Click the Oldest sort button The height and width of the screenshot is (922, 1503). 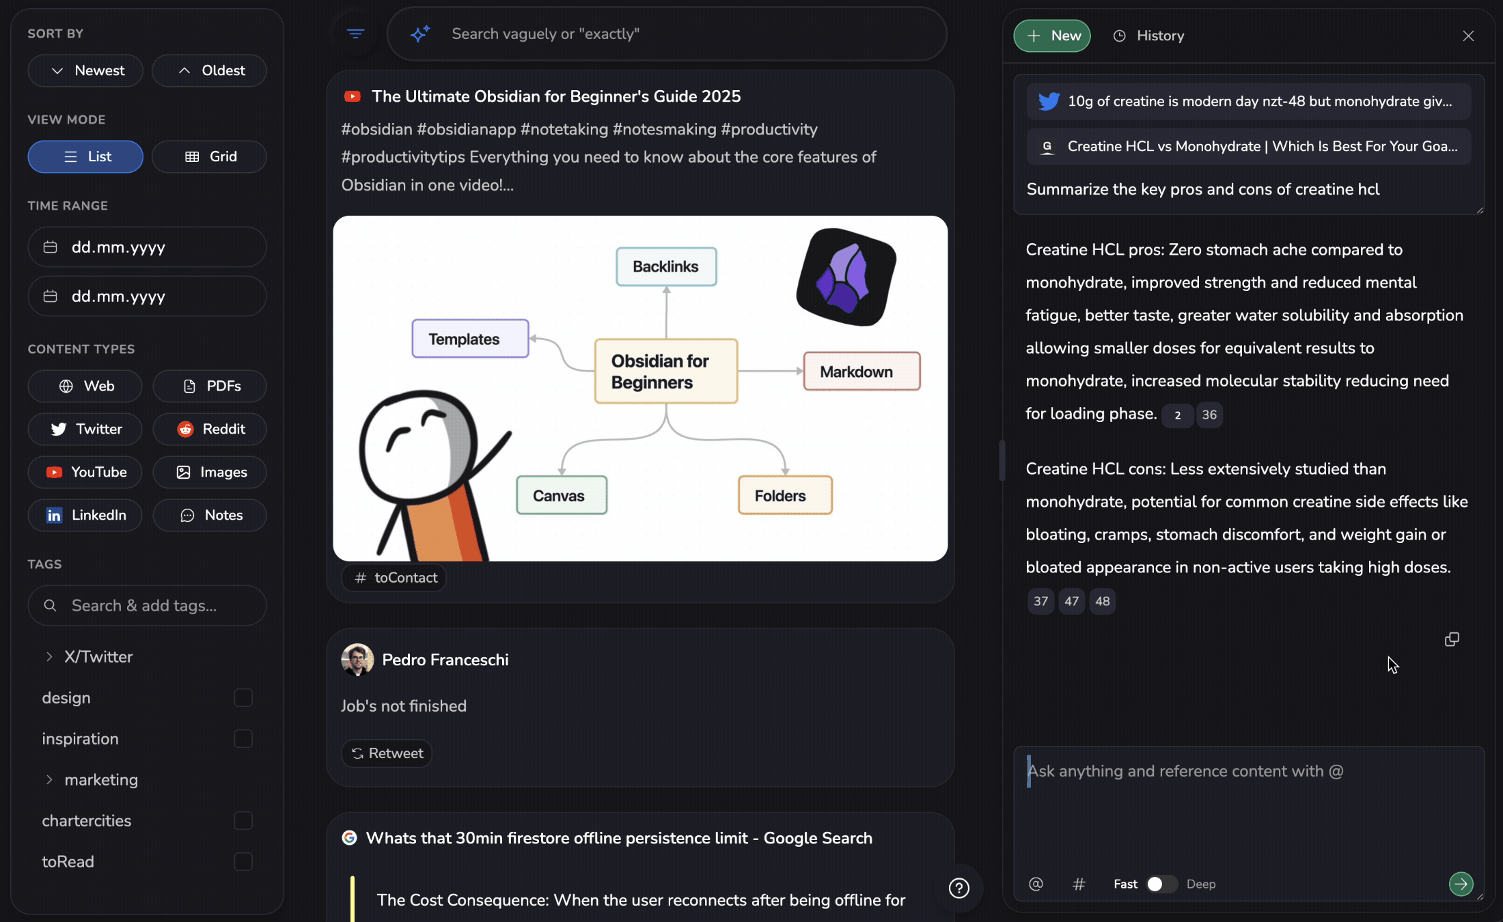pos(209,70)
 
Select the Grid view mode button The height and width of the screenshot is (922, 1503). pos(209,156)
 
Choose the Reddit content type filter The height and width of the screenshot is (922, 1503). pos(210,429)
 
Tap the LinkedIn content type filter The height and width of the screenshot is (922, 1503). pos(85,515)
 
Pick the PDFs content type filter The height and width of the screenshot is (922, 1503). pos(210,386)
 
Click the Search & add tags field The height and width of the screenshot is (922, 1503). pos(147,605)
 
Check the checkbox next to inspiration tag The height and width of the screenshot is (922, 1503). pos(243,738)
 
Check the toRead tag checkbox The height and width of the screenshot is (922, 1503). pos(243,861)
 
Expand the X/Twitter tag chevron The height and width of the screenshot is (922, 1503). pos(49,656)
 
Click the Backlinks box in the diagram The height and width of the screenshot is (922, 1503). pos(666,266)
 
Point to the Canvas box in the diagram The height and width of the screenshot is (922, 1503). pos(562,495)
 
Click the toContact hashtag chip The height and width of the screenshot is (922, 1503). pos(394,578)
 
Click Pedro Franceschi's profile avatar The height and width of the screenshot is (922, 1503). pos(357,660)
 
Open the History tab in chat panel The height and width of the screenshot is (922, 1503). pos(1148,36)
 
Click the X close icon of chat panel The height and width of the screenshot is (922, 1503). pos(1468,36)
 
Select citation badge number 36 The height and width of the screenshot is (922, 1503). pos(1209,415)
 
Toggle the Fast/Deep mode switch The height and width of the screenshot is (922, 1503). pos(1161,884)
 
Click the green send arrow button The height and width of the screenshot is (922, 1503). pos(1461,884)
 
